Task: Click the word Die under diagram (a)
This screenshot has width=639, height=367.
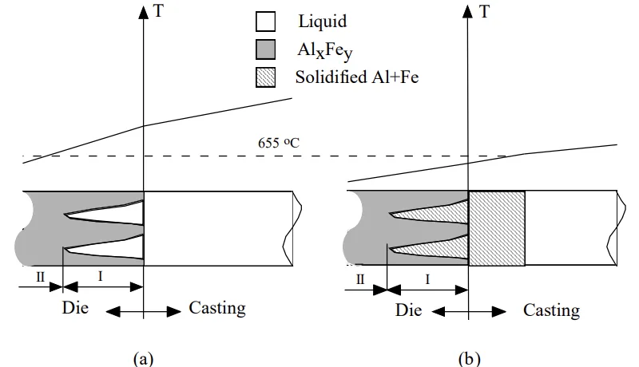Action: point(76,308)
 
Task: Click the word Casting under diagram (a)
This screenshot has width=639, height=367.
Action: point(217,308)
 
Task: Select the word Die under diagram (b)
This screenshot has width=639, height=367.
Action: point(408,310)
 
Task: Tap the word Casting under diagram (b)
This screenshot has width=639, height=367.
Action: point(552,310)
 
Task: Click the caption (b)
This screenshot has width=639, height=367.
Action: point(470,358)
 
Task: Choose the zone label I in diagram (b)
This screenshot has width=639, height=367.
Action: point(427,279)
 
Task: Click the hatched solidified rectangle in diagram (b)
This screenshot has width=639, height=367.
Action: point(497,228)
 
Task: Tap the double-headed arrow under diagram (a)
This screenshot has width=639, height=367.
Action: point(143,310)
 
